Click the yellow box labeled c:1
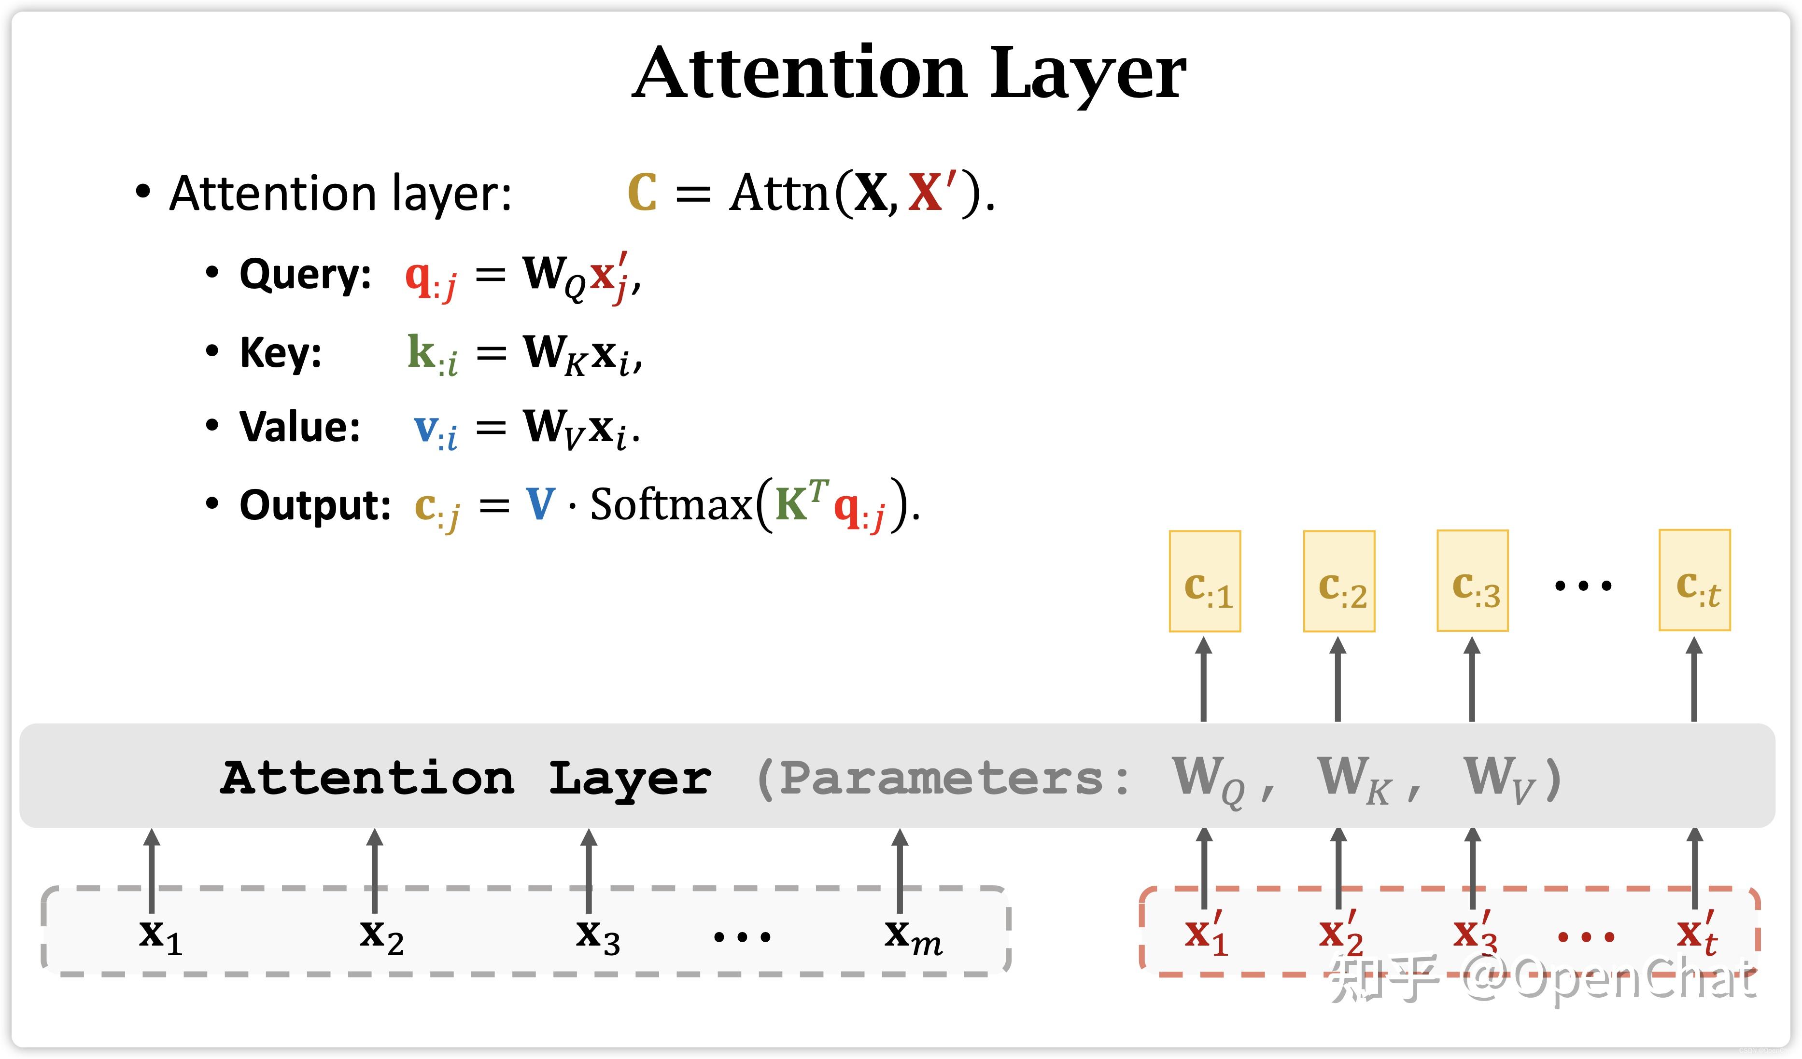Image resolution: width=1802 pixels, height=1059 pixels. (1204, 581)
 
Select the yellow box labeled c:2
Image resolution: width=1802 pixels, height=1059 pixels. (1338, 581)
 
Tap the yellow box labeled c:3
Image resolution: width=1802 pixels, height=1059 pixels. (1472, 581)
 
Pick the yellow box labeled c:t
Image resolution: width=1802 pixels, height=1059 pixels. (1694, 581)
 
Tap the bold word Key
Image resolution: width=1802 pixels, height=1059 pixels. (281, 353)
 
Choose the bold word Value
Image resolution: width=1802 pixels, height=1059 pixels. (300, 428)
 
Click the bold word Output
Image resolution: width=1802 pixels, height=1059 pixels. (315, 505)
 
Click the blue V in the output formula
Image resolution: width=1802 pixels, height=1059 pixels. (540, 505)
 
